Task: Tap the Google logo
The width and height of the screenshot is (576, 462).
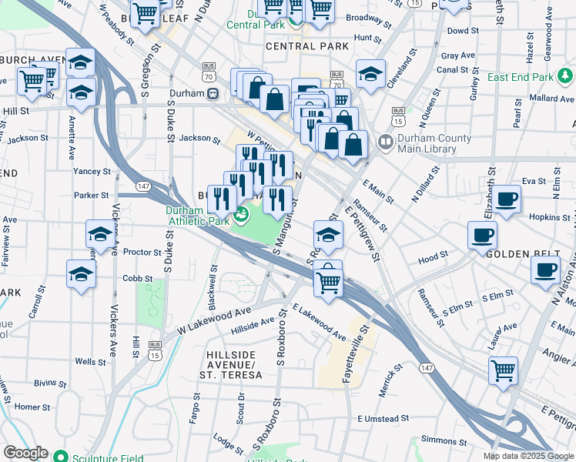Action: (25, 453)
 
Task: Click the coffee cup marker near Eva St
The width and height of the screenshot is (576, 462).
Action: (507, 199)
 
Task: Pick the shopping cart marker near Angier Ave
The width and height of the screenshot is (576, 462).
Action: (504, 371)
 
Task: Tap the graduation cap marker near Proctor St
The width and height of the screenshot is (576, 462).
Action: (99, 233)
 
